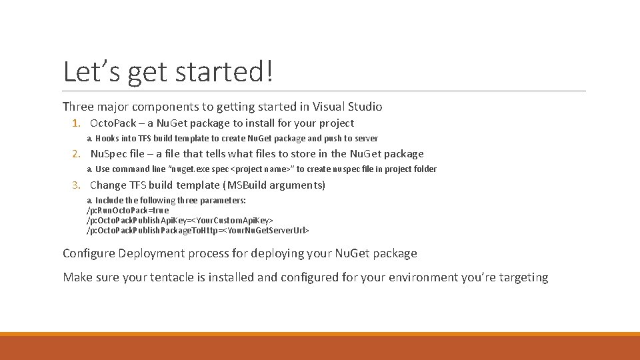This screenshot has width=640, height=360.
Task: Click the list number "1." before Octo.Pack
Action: point(77,123)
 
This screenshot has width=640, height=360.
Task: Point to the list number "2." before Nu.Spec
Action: point(77,154)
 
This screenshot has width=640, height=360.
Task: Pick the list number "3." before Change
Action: point(77,185)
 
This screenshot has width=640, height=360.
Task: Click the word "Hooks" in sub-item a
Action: point(107,139)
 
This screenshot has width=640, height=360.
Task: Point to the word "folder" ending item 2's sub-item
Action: point(424,169)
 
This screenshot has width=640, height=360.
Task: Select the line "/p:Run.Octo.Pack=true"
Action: point(127,210)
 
